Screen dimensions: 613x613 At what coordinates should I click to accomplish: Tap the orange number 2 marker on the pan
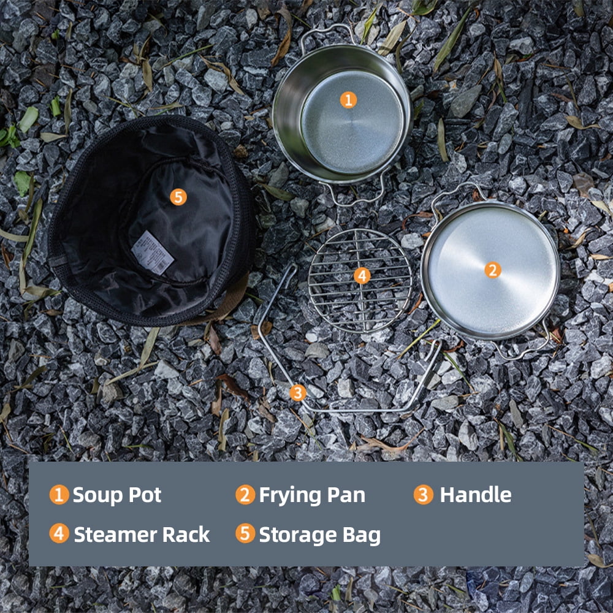(x=493, y=270)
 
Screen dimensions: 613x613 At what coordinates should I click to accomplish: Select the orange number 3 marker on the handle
(x=298, y=393)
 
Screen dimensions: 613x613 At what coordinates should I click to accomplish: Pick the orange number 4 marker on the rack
(x=362, y=276)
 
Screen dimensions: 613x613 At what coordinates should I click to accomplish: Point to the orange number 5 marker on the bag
(x=178, y=197)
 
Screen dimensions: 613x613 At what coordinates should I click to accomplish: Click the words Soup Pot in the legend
(x=116, y=495)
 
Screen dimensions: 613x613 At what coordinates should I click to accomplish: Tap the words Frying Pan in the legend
(x=312, y=495)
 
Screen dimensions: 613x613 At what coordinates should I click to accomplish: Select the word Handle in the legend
(x=476, y=495)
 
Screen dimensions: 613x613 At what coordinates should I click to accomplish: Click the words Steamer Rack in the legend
(x=142, y=535)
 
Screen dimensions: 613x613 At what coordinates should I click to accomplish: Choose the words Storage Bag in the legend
(x=319, y=535)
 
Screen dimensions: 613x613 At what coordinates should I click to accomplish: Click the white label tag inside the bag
(x=153, y=252)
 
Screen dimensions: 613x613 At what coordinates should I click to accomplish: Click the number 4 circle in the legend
(x=59, y=533)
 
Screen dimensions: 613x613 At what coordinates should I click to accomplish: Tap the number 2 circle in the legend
(x=245, y=495)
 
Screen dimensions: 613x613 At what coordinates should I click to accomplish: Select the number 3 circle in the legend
(x=423, y=495)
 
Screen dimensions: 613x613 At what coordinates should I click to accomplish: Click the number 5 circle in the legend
(x=245, y=533)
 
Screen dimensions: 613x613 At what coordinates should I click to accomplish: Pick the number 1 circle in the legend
(x=59, y=495)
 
